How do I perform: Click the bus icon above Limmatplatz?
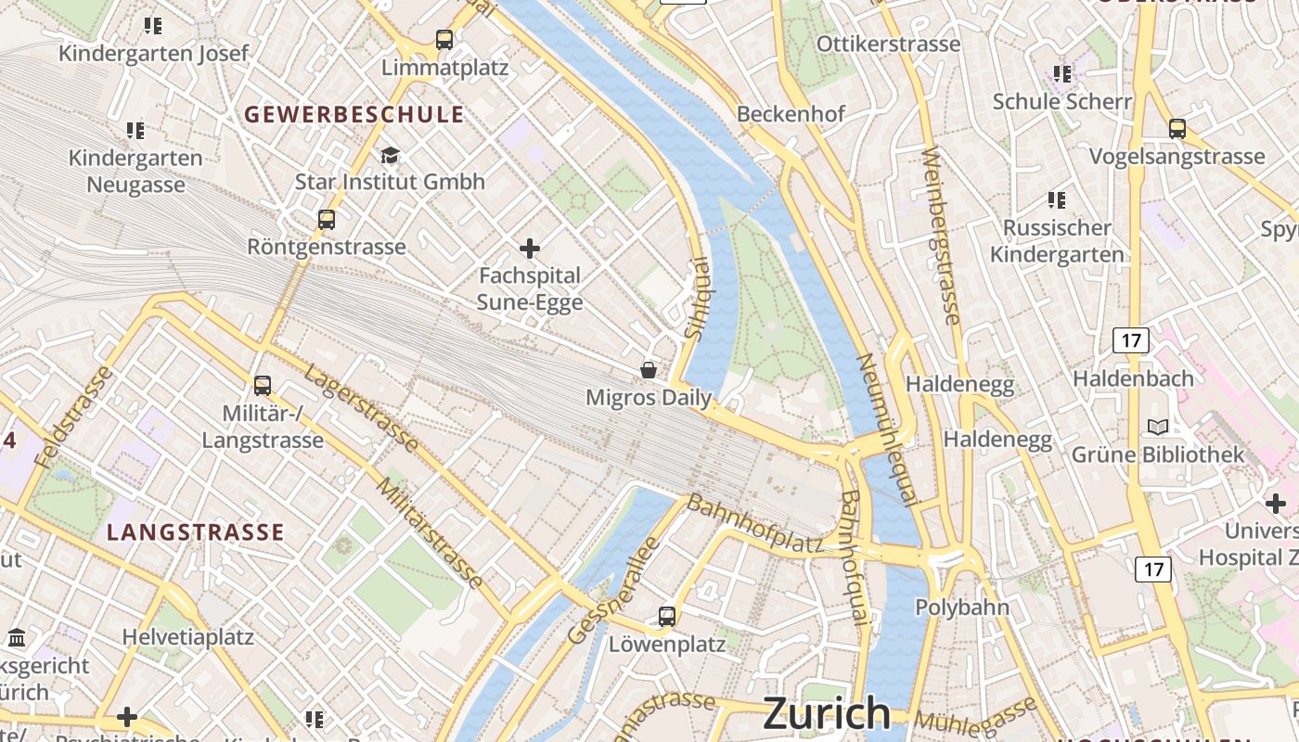[x=444, y=40]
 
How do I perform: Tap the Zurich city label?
[x=826, y=713]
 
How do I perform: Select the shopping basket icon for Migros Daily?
[x=649, y=370]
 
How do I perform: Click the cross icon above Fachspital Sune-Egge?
[x=530, y=249]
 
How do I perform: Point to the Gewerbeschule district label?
[x=354, y=114]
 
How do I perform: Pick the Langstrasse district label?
[x=195, y=531]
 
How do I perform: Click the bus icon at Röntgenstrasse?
[x=326, y=220]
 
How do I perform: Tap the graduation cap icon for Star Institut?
[x=390, y=154]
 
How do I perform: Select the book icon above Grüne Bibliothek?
[x=1158, y=427]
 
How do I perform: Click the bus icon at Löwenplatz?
[x=666, y=616]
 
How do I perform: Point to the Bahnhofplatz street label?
[x=754, y=525]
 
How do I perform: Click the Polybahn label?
[x=962, y=608]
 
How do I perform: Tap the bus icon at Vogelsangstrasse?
[x=1177, y=129]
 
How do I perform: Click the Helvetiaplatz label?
[x=188, y=637]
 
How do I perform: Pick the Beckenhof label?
[x=791, y=113]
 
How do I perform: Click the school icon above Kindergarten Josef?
[x=153, y=26]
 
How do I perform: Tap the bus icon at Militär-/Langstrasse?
[x=263, y=385]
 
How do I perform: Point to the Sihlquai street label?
[x=695, y=297]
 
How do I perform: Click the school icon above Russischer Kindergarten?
[x=1056, y=199]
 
